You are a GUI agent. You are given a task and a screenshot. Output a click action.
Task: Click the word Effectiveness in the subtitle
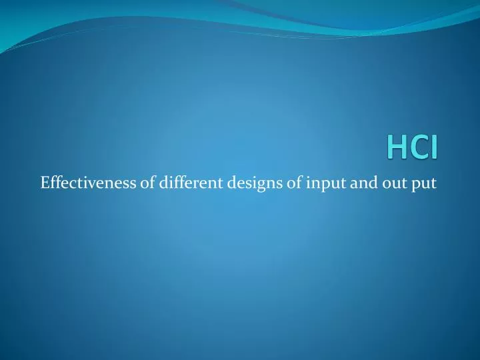tap(88, 182)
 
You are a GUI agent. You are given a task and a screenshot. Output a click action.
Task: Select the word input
tap(322, 183)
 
